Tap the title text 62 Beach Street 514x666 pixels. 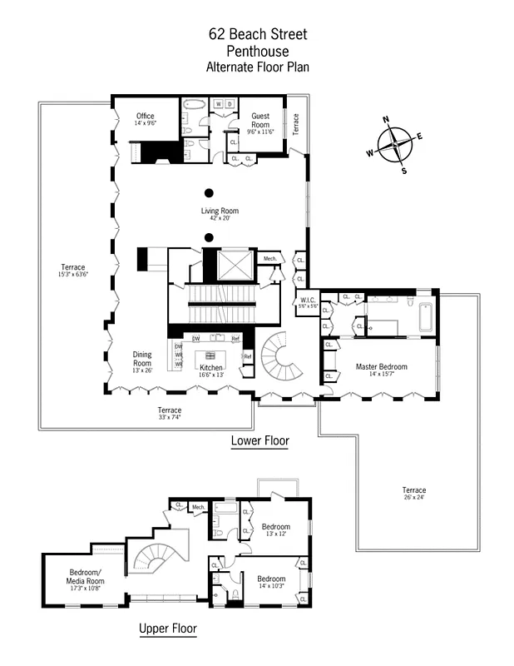(x=257, y=34)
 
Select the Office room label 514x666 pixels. (x=146, y=117)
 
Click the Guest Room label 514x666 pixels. (x=260, y=121)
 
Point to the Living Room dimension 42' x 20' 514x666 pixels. (x=220, y=218)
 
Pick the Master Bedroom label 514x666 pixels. (x=381, y=366)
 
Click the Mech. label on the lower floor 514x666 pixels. (x=269, y=259)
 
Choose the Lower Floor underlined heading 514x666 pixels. (x=259, y=441)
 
